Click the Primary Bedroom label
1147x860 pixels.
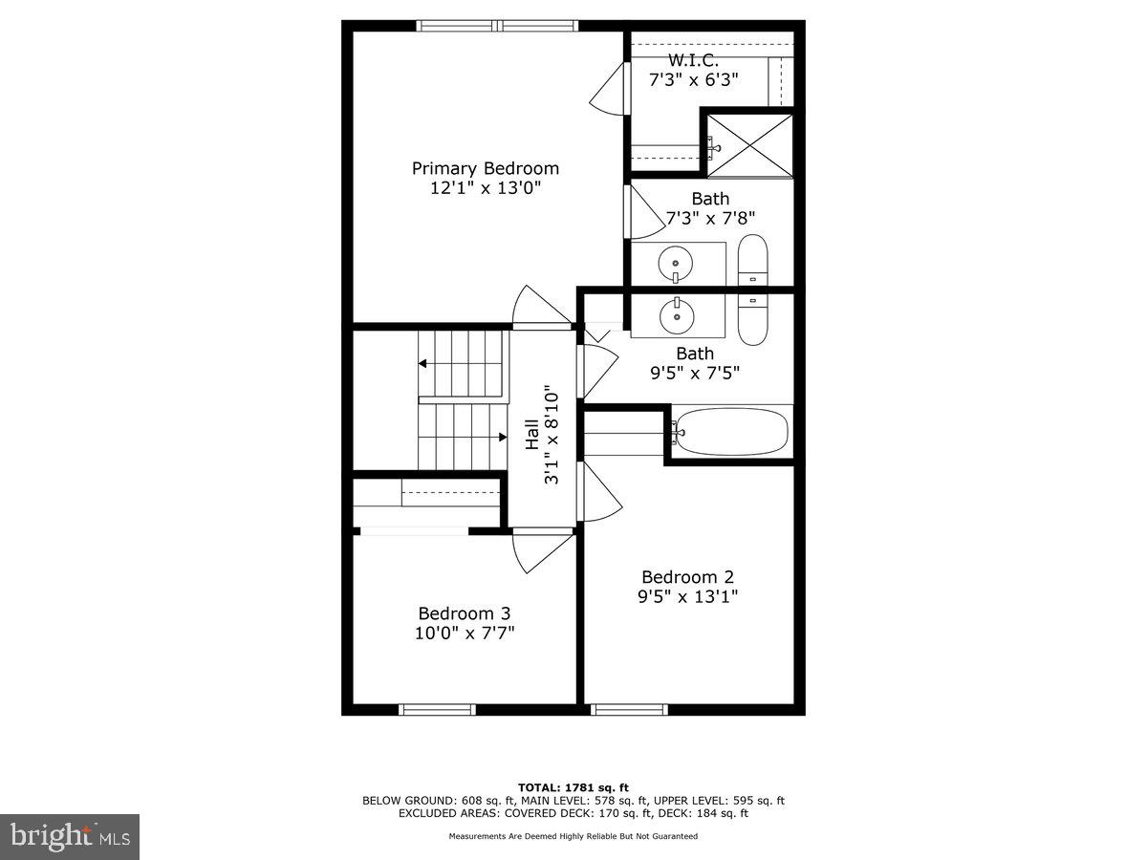[485, 168]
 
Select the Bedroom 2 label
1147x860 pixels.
[687, 577]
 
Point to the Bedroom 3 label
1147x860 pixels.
[465, 613]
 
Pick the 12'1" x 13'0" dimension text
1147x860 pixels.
[486, 188]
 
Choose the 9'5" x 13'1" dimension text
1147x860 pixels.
[688, 597]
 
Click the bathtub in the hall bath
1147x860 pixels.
[732, 432]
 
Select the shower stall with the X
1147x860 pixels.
[750, 144]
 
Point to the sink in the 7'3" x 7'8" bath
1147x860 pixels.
[677, 261]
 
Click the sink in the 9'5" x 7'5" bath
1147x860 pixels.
[677, 313]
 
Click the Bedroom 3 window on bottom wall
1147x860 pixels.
[437, 709]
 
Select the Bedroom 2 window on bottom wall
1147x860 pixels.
[629, 709]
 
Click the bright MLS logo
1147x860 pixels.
[70, 837]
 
